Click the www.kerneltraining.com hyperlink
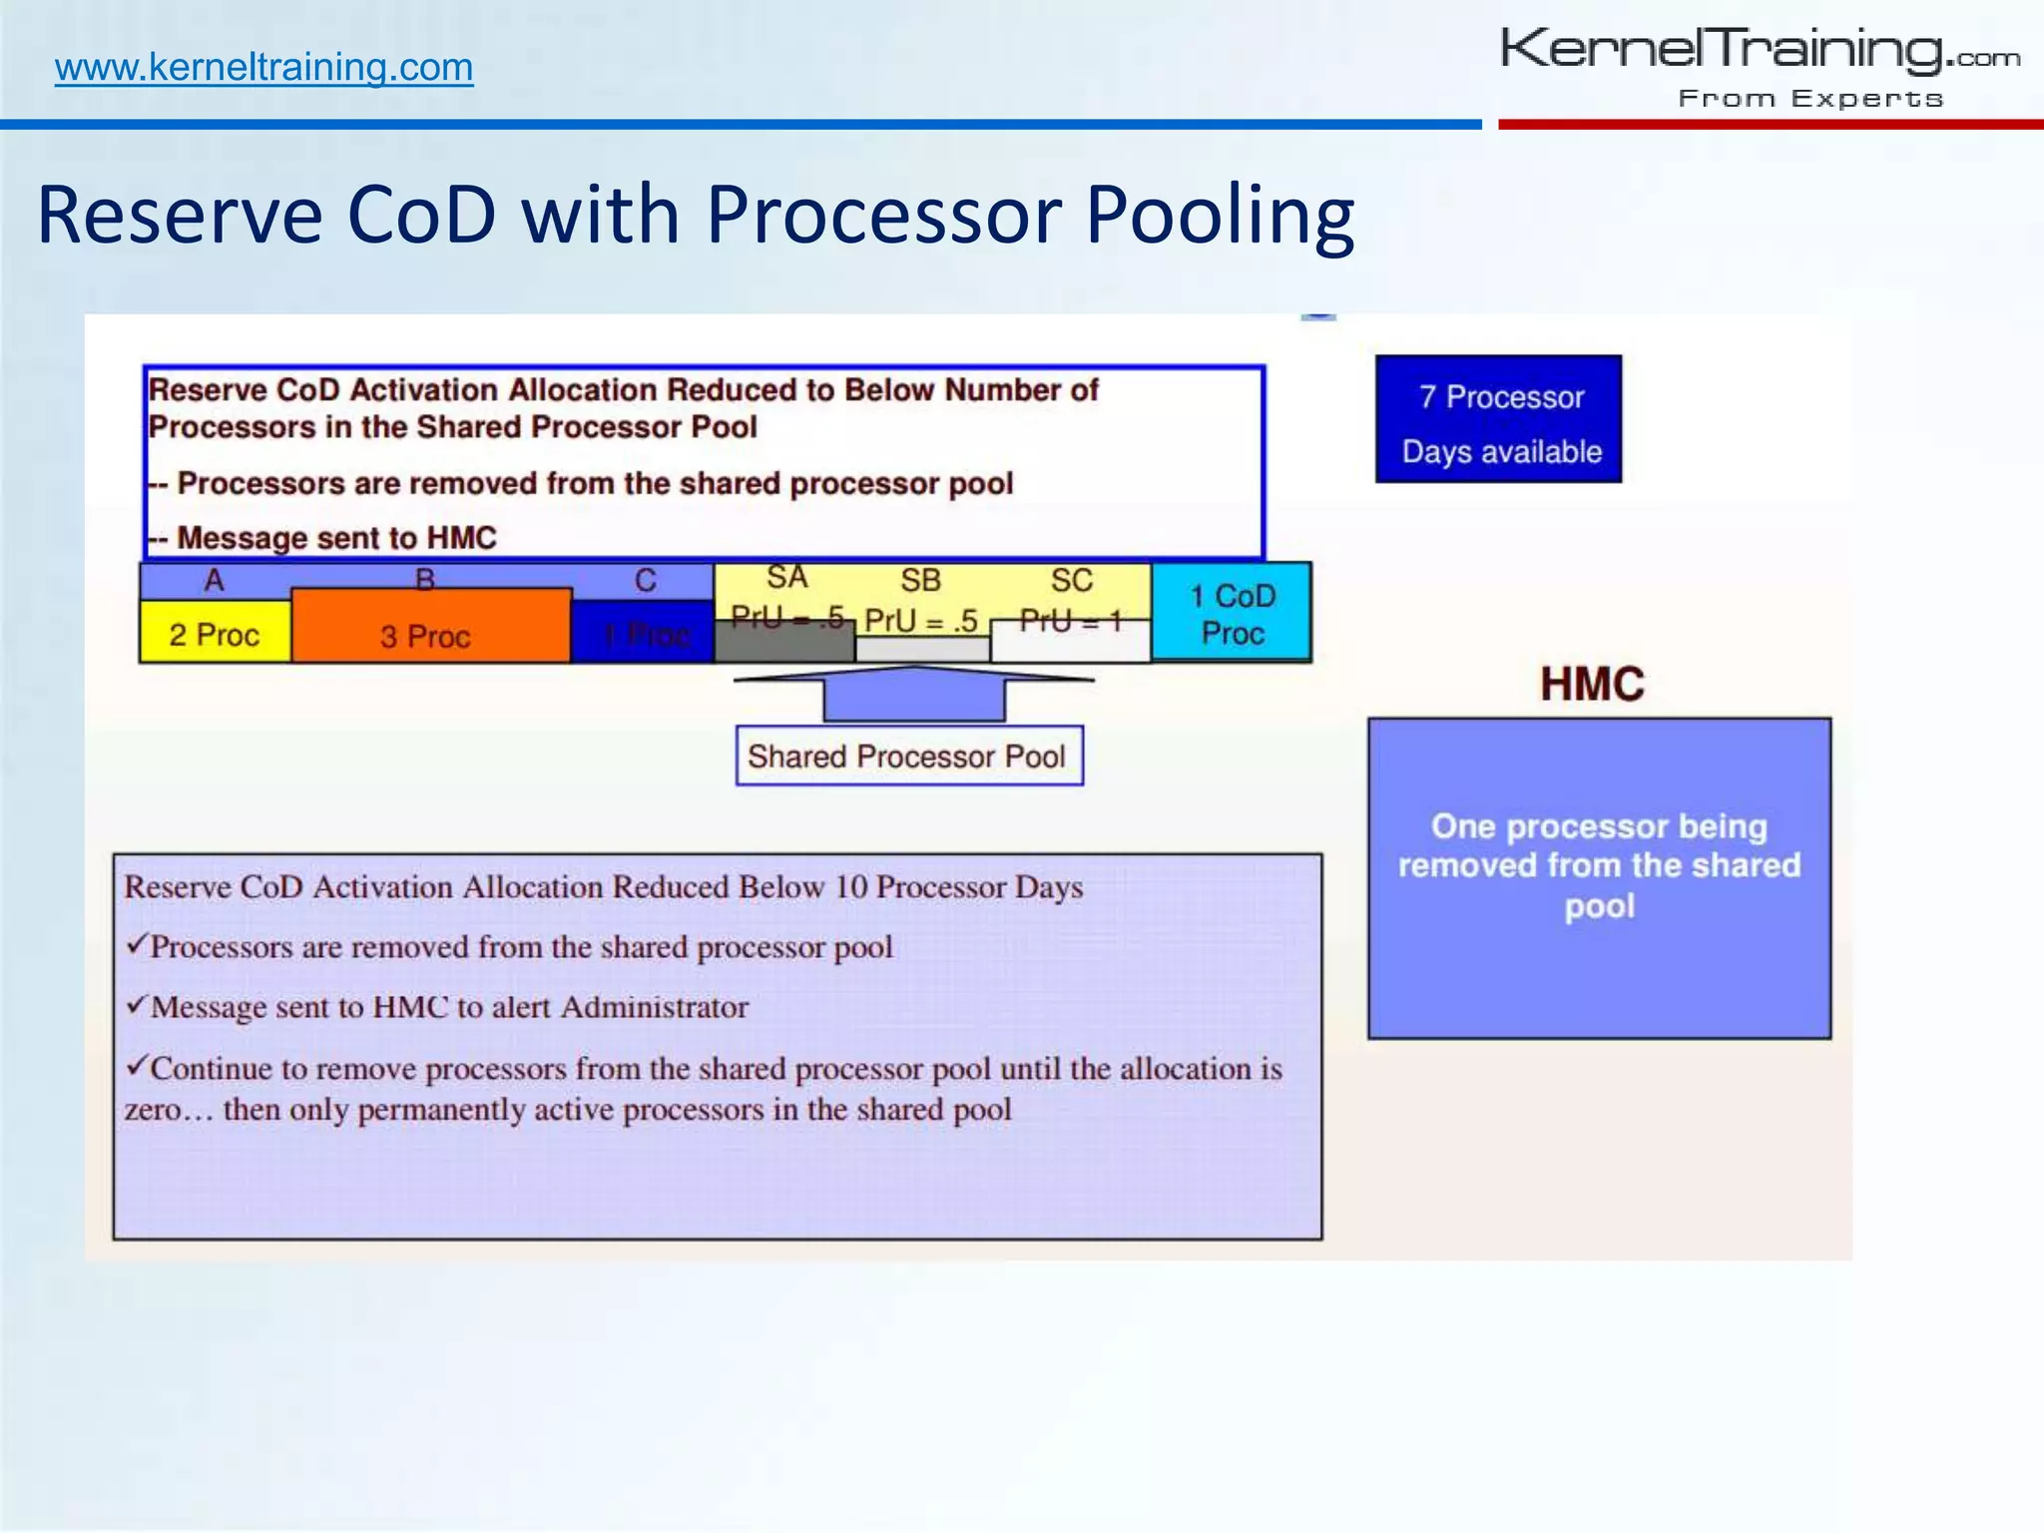point(263,68)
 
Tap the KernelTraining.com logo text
point(1759,50)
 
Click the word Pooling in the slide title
point(1220,215)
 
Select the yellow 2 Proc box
point(215,634)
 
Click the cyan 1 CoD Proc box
point(1232,614)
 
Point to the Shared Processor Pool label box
point(908,757)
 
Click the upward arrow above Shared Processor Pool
point(913,693)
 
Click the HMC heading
point(1592,685)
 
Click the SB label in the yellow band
point(920,581)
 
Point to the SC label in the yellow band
point(1071,581)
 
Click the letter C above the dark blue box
point(646,581)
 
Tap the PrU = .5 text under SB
point(920,621)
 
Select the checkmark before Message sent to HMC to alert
point(137,1004)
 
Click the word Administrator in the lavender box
point(654,1007)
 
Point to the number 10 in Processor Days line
point(850,887)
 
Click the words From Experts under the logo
point(1810,99)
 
